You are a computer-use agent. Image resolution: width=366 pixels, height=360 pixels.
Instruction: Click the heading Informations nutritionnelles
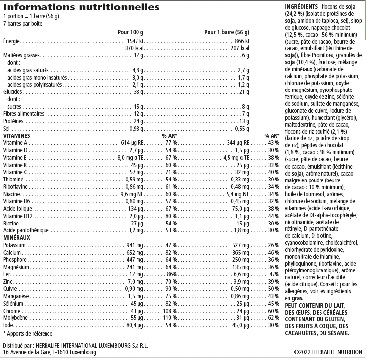click(x=81, y=8)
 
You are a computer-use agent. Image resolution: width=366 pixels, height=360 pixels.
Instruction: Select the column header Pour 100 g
click(x=130, y=32)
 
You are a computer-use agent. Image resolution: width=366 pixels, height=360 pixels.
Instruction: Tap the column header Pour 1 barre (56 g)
click(x=227, y=32)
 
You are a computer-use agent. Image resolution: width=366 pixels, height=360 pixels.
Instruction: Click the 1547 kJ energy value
click(x=135, y=41)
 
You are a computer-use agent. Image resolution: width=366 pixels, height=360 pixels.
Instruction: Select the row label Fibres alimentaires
click(x=23, y=114)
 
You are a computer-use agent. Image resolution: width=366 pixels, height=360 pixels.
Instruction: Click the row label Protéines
click(x=13, y=121)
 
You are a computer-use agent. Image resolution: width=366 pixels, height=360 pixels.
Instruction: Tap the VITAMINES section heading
click(x=17, y=135)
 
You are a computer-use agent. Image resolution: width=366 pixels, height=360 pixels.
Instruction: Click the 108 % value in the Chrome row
click(x=171, y=311)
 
